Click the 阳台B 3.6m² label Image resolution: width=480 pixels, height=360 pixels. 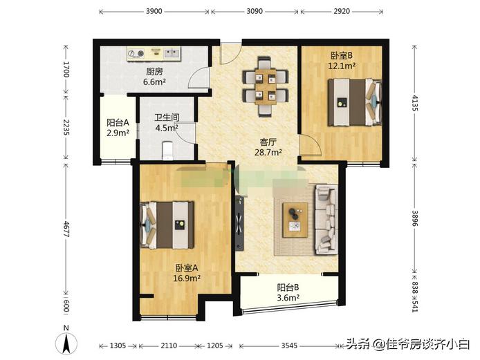(288, 293)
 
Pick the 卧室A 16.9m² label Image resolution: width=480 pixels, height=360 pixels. (187, 273)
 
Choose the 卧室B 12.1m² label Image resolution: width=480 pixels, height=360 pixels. (342, 61)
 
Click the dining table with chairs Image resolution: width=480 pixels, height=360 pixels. (264, 86)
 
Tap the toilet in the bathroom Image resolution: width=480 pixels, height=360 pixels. (166, 149)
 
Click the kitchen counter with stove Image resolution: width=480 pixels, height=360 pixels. (154, 53)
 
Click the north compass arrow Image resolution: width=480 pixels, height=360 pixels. (66, 341)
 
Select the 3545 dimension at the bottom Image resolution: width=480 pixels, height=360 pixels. (290, 345)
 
